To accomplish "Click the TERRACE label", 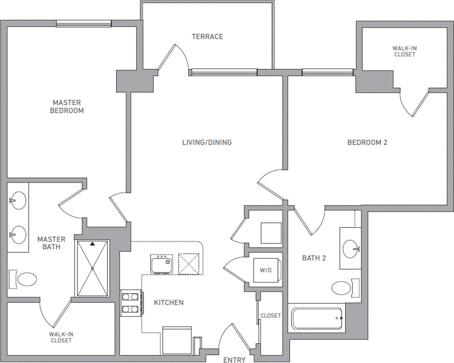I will point(207,36).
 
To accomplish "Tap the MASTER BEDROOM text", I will point(67,107).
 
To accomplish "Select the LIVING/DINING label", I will point(207,142).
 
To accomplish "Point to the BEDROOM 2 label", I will point(367,142).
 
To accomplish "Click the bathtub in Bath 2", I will point(317,319).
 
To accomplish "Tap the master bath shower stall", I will point(92,268).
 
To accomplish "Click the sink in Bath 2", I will point(351,249).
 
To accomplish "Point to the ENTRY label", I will point(234,360).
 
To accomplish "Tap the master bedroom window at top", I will point(84,24).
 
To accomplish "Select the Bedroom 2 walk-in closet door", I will point(415,103).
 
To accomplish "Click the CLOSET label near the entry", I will point(271,315).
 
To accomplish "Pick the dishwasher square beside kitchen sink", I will point(189,263).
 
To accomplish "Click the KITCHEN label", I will point(168,302).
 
